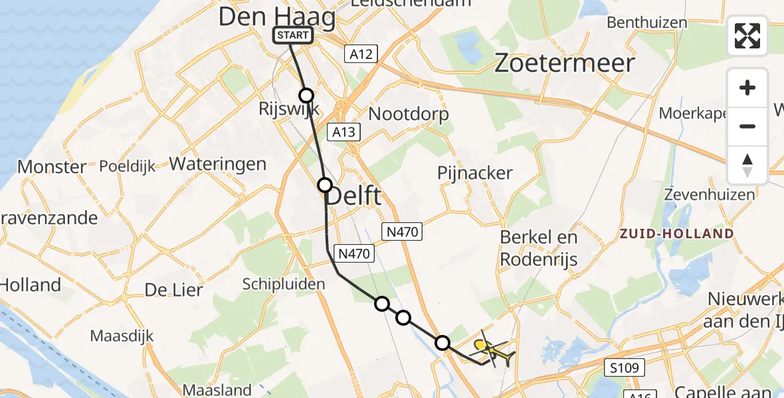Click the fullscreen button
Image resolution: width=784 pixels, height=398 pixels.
(747, 36)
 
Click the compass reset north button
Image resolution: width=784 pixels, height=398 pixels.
(747, 165)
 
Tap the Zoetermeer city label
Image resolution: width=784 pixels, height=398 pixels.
(565, 64)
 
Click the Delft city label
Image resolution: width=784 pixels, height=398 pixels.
(356, 196)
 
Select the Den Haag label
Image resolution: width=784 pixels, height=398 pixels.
(276, 17)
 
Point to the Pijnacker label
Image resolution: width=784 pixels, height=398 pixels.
(475, 173)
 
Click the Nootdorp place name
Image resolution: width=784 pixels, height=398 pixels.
(409, 114)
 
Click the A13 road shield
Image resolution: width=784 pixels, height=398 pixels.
(344, 133)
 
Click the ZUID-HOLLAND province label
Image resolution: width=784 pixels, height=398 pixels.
(676, 233)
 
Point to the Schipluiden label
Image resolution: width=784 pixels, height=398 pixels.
(284, 284)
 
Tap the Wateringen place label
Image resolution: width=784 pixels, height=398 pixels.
(218, 164)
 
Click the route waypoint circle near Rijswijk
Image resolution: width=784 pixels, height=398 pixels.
(306, 96)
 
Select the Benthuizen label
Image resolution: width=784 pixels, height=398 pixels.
(646, 23)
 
